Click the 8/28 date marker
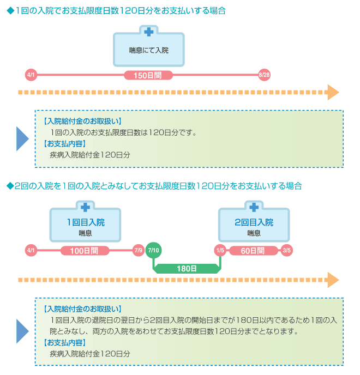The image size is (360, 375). tap(264, 75)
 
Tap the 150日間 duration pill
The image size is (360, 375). tap(148, 75)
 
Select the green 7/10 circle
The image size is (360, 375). tap(153, 250)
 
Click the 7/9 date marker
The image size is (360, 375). tap(139, 250)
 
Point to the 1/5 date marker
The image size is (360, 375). tap(220, 250)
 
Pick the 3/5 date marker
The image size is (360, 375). tap(286, 250)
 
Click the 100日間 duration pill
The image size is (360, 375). tap(85, 251)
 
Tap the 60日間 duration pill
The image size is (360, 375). tap(253, 251)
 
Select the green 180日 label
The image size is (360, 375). tap(187, 269)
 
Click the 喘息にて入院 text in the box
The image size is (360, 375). tap(149, 50)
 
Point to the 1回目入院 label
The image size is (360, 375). tap(86, 222)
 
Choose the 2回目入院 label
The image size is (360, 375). tap(254, 222)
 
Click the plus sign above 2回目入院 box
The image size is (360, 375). tap(254, 207)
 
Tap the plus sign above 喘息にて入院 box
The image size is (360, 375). tap(149, 32)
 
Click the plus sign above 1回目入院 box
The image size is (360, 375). tap(85, 207)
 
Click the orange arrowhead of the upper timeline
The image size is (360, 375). tap(333, 92)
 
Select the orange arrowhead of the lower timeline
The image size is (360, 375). tap(333, 280)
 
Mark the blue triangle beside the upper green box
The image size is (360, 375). tap(21, 138)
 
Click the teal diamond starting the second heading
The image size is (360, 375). tap(10, 186)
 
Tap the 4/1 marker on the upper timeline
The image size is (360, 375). tap(31, 75)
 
